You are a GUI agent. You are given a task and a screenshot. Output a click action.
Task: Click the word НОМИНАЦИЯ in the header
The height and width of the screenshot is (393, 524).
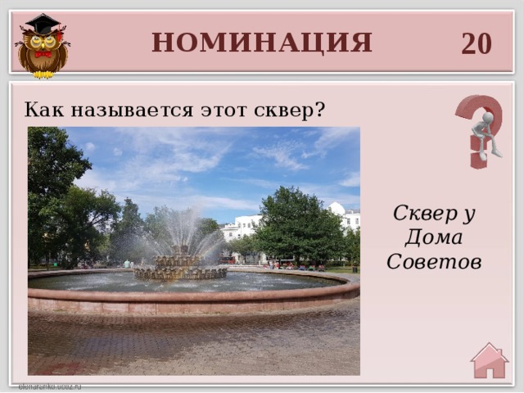pyautogui.click(x=261, y=42)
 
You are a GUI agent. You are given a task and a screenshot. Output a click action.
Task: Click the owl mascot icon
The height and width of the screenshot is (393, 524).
pyautogui.click(x=42, y=47)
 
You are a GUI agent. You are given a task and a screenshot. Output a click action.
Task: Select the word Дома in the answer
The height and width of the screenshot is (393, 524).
pyautogui.click(x=435, y=238)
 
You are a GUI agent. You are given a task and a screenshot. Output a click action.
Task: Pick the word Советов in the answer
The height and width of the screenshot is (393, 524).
pyautogui.click(x=435, y=262)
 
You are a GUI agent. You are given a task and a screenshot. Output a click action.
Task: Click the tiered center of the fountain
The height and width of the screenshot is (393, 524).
pyautogui.click(x=180, y=264)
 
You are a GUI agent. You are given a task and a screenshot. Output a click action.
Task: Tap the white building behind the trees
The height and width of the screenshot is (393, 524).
pyautogui.click(x=242, y=226)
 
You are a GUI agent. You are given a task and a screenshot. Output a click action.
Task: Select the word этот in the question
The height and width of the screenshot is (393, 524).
pyautogui.click(x=216, y=109)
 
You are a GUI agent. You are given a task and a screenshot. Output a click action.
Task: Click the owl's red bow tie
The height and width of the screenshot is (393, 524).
pyautogui.click(x=42, y=54)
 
